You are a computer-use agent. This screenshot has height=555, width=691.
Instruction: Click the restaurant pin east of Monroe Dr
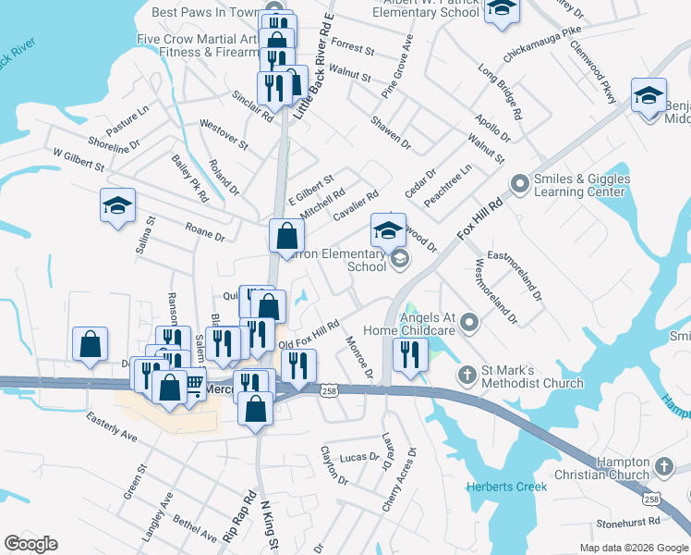pyautogui.click(x=407, y=355)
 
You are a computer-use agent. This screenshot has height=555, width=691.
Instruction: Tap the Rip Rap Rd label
pyautogui.click(x=236, y=516)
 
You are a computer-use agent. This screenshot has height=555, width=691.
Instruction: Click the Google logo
pyautogui.click(x=30, y=544)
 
